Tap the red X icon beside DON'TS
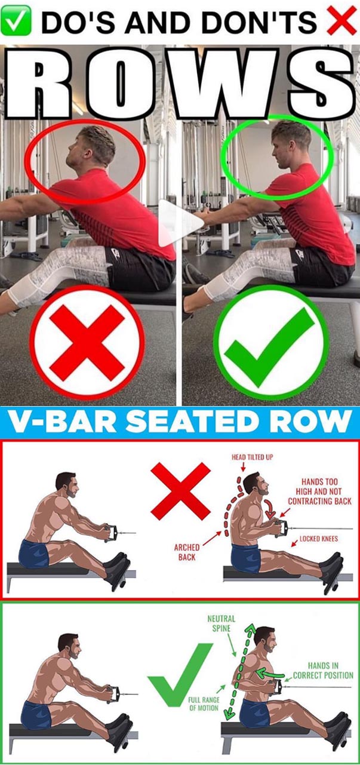342,21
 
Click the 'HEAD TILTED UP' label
253,457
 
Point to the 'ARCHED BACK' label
187,552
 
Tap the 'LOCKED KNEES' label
319,539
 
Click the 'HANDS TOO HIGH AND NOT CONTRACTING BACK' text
319,491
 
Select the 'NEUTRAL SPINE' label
221,623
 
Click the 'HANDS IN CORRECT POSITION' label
323,670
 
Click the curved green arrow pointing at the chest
270,673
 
